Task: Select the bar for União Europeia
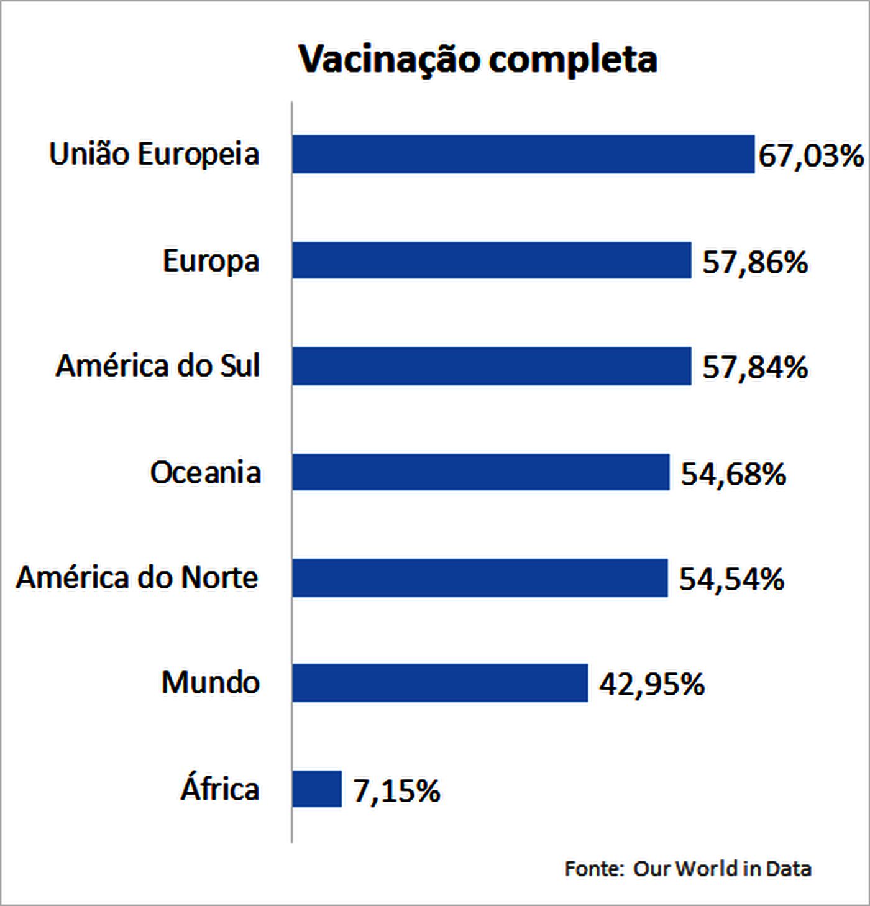(523, 154)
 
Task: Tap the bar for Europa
(492, 260)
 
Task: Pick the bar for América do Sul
(492, 366)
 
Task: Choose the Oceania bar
(481, 472)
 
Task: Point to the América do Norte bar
(480, 578)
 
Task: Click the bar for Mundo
(440, 683)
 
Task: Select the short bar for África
(317, 789)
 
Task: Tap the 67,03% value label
(810, 155)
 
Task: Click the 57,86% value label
(755, 262)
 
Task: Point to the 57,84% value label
(755, 367)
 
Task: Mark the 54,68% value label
(733, 474)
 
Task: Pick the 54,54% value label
(731, 579)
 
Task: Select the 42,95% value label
(652, 685)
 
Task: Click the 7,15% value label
(396, 791)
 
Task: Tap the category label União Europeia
(154, 154)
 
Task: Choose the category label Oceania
(205, 472)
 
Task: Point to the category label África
(220, 789)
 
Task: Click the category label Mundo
(210, 683)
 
